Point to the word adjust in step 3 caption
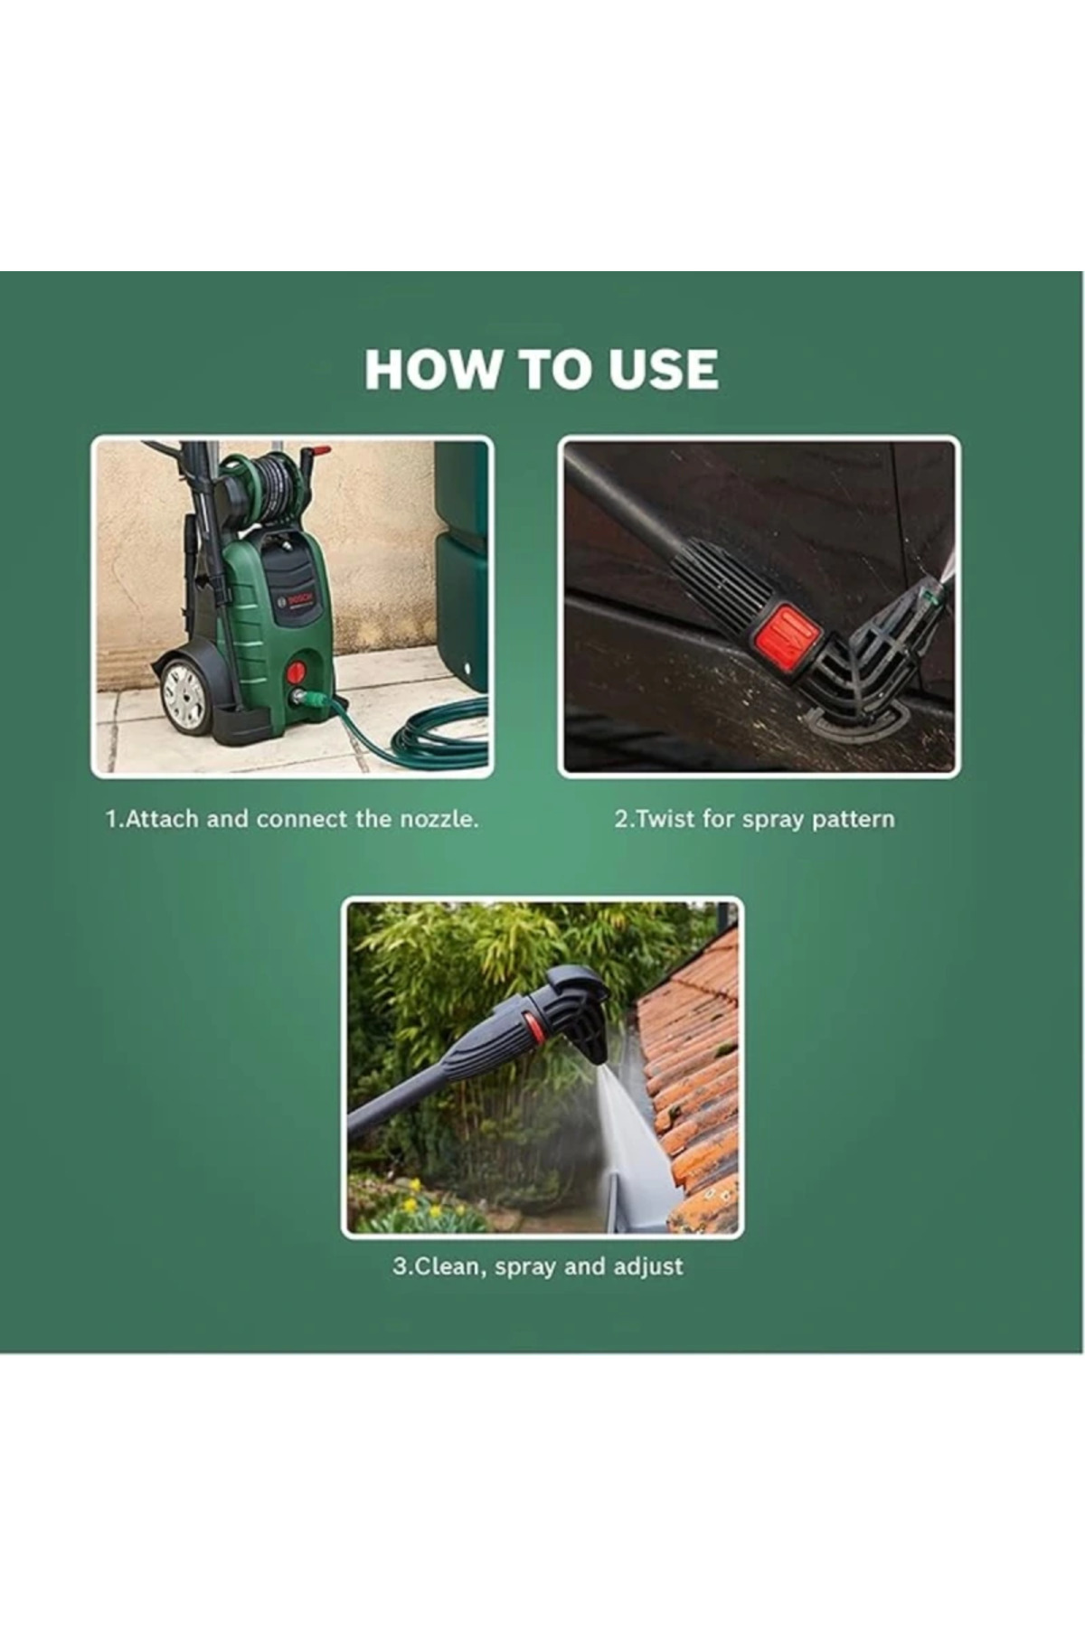648,1266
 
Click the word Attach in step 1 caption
159,820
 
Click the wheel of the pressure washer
185,693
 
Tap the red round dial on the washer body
296,672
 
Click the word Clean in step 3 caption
439,1267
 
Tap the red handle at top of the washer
316,451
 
